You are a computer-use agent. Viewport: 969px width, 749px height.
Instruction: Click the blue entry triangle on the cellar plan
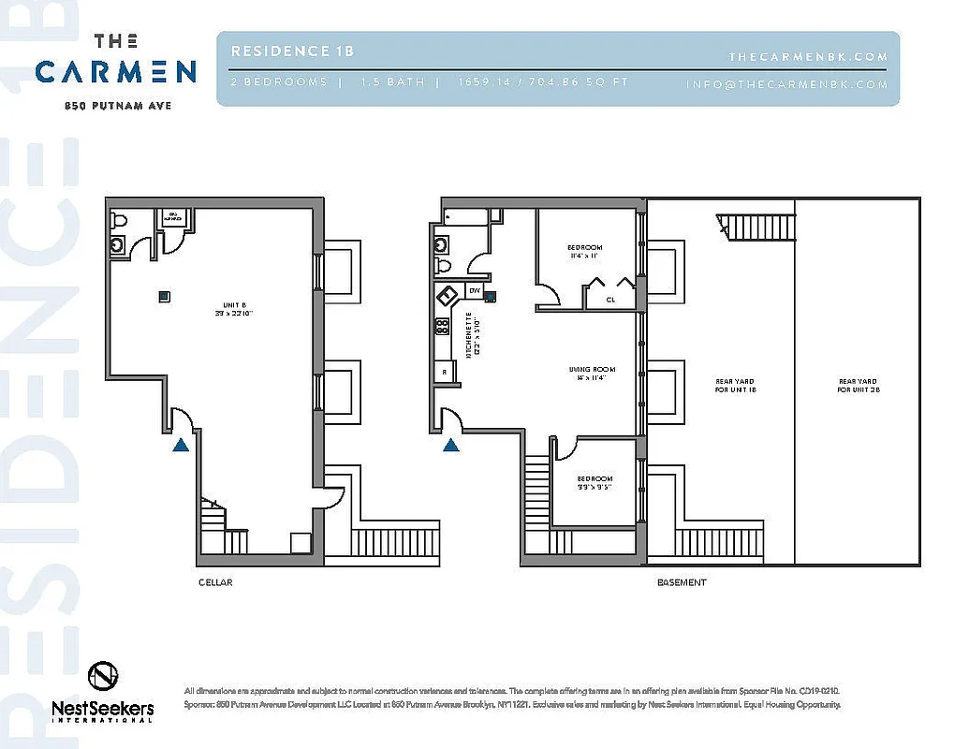click(182, 445)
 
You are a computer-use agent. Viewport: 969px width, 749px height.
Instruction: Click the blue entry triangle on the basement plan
click(451, 445)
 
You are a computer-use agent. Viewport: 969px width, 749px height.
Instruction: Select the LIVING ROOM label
click(591, 374)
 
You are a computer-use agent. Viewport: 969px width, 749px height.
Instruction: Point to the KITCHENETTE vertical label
click(468, 335)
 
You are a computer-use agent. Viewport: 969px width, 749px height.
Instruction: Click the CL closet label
click(610, 301)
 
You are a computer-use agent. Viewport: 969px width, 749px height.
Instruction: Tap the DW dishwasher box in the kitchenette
click(474, 291)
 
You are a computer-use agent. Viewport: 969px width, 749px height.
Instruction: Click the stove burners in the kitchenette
click(442, 327)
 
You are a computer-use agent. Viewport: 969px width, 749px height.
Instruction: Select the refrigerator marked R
click(444, 372)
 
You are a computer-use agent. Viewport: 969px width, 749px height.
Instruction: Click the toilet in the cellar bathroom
click(118, 222)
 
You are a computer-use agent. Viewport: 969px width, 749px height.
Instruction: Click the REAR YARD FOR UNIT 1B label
click(735, 385)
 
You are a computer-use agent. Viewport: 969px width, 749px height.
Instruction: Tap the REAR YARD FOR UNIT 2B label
click(859, 385)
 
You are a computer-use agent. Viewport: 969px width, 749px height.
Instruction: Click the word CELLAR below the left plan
click(214, 582)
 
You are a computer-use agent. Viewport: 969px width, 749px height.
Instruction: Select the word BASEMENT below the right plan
click(681, 582)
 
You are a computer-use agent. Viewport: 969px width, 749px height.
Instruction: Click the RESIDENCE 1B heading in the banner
click(292, 51)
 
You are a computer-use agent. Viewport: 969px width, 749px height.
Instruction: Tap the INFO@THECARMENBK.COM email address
click(786, 84)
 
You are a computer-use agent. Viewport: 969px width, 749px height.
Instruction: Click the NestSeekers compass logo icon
click(102, 676)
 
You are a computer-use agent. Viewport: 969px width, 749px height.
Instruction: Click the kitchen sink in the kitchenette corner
click(447, 294)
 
